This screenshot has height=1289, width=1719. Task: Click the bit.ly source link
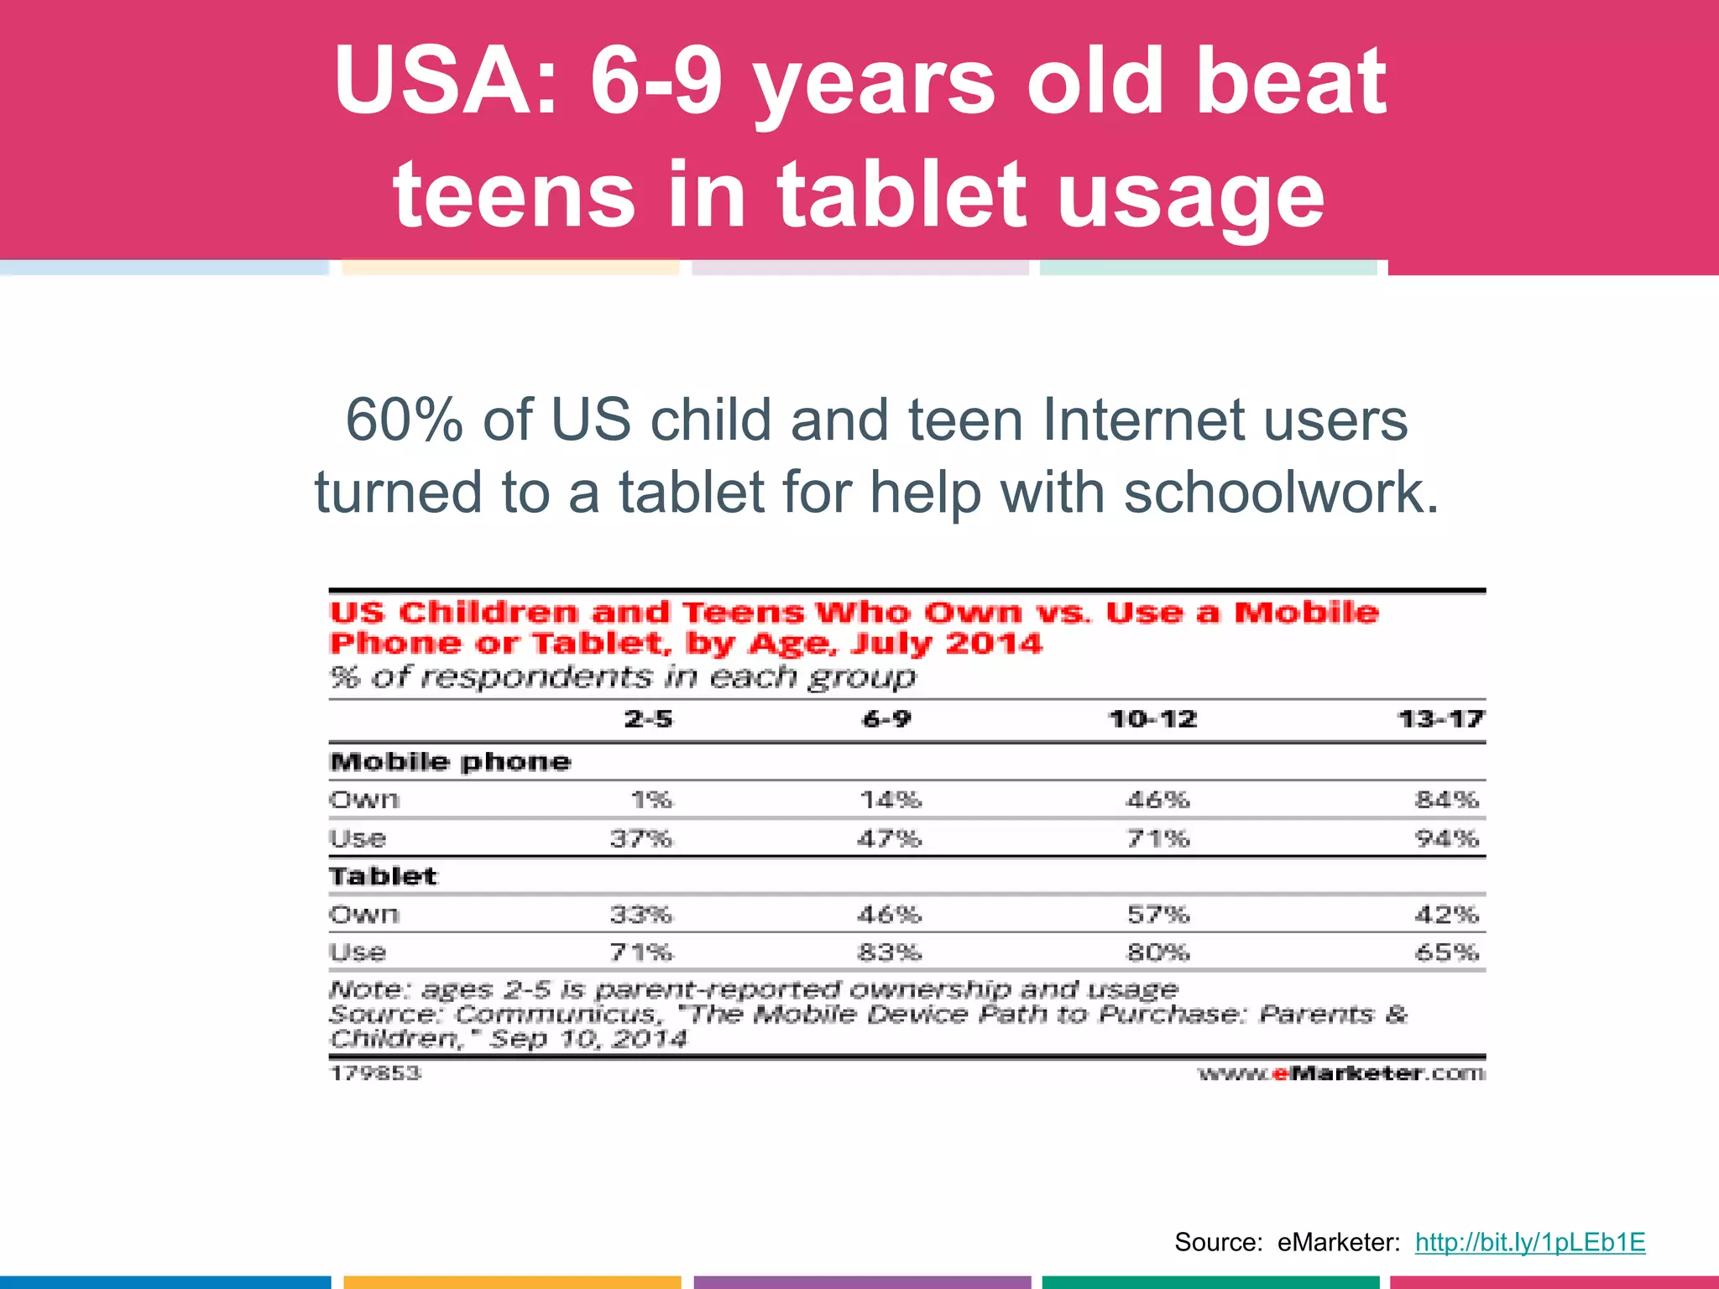1529,1242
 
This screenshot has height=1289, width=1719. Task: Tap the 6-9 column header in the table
886,719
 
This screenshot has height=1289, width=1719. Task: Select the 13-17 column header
1440,719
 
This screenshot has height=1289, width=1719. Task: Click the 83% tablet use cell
889,952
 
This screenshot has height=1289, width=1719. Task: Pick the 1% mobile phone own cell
651,800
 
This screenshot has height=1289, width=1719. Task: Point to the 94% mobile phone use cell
1446,838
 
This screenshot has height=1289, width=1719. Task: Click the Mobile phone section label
450,762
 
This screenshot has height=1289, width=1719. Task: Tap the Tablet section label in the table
383,876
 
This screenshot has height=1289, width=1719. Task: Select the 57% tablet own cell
1157,914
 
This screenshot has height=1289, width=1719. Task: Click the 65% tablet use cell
1446,952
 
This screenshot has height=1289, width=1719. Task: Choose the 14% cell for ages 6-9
890,800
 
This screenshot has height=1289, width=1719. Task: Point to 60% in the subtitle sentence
404,420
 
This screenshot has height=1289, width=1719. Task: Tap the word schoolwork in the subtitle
1281,492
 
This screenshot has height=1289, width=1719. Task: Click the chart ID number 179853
375,1073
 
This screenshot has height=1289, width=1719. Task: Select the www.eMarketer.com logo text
1340,1073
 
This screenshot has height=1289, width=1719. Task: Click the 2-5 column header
648,719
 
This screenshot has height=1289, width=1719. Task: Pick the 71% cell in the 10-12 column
1157,838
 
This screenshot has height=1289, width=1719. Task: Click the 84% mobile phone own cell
1446,800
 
